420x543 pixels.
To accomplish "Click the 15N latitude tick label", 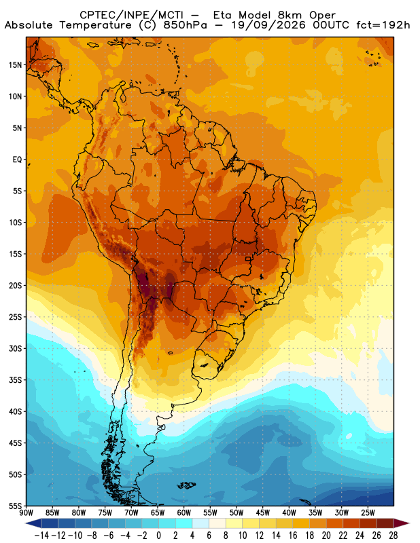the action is pos(15,64).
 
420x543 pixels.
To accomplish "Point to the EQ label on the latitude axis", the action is pos(17,160).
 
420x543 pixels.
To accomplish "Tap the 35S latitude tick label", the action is pos(15,380).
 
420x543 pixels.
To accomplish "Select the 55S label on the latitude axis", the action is pos(15,506).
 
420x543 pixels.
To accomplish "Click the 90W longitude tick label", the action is pos(26,512).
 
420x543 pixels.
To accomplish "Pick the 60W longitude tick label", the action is pos(183,512).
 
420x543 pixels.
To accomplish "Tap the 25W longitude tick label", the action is pos(368,512).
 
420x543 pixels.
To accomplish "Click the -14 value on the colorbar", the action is pos(41,536).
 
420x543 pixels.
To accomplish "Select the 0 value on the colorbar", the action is pos(159,536).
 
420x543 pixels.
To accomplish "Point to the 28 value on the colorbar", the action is pos(393,536).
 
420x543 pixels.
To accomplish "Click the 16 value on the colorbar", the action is pos(293,536).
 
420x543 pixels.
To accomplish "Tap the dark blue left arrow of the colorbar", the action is pos(33,523).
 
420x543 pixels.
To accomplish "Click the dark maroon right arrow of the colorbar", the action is pos(402,523).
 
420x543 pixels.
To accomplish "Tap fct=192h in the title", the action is pos(383,25).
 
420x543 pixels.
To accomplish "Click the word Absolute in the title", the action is pos(29,25).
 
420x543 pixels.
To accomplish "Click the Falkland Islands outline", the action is pos(186,485).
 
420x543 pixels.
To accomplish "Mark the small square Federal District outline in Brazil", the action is pos(248,259).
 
